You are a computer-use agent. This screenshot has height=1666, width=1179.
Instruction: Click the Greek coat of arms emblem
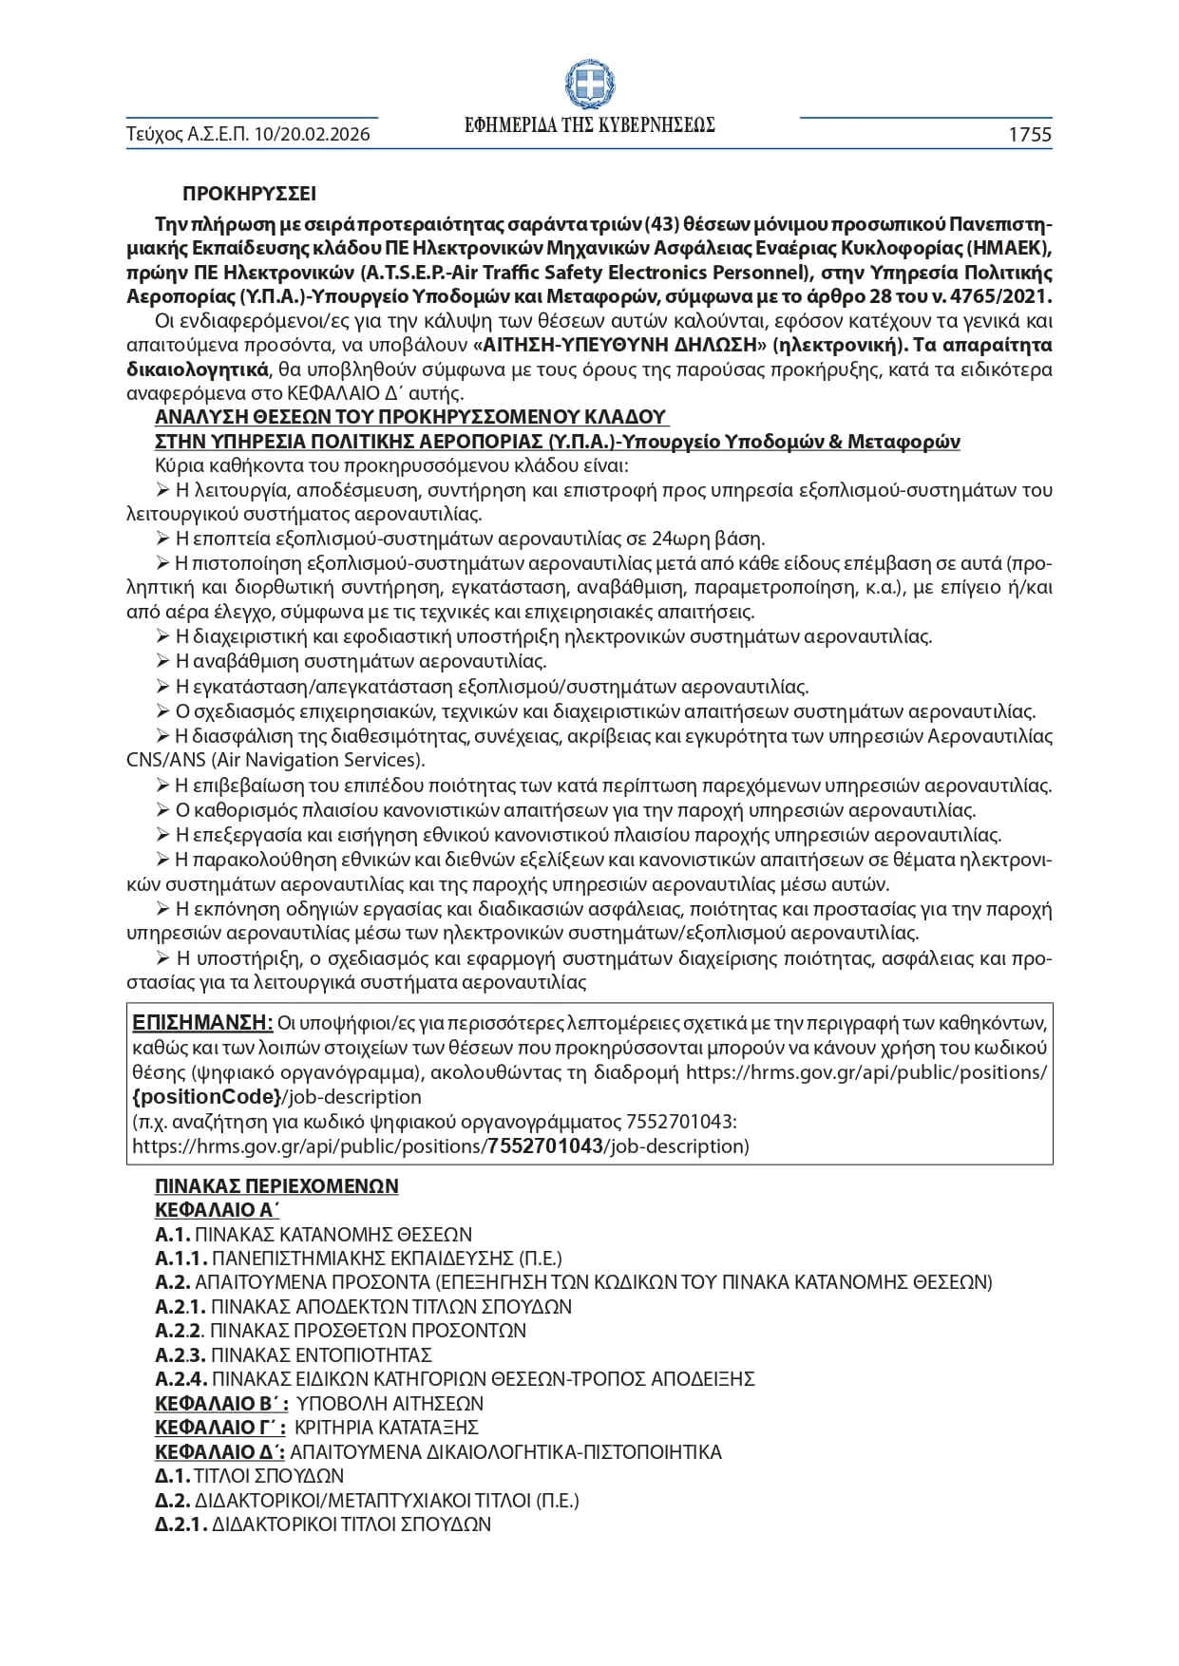[x=589, y=85]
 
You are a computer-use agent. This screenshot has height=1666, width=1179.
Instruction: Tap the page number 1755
[x=1030, y=135]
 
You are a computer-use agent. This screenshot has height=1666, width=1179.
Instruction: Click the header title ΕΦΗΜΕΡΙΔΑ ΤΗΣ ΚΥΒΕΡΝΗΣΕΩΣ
[x=589, y=126]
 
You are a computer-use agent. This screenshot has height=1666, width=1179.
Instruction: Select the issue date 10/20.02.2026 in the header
[x=311, y=135]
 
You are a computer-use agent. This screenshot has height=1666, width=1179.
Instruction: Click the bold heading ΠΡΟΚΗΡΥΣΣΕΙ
[x=250, y=194]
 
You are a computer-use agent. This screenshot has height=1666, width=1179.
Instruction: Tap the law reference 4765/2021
[x=1003, y=296]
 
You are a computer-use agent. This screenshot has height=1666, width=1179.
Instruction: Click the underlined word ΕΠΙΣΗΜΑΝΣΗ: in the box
[x=202, y=1023]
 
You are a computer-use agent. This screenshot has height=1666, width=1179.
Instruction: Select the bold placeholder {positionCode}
[x=206, y=1097]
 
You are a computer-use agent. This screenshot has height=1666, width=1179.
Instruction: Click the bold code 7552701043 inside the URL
[x=545, y=1145]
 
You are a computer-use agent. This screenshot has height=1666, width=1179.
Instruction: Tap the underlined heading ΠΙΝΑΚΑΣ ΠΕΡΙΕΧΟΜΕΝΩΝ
[x=276, y=1186]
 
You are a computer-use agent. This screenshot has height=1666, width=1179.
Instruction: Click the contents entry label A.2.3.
[x=181, y=1355]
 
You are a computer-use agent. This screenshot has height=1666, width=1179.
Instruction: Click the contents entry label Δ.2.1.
[x=181, y=1524]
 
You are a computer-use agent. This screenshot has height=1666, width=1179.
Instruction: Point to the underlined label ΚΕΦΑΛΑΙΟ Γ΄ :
[x=220, y=1428]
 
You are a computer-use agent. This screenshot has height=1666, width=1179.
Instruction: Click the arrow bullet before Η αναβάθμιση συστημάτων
[x=162, y=661]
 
